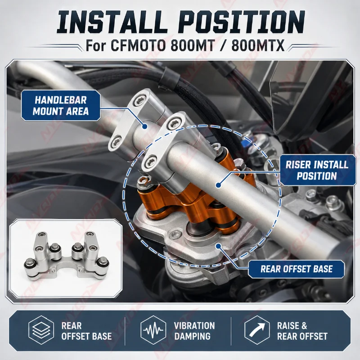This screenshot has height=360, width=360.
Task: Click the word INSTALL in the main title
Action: [112, 22]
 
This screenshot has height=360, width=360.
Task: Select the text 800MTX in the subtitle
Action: [258, 45]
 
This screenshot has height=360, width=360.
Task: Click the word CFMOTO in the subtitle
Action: [138, 45]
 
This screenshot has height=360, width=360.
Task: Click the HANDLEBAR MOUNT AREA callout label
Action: [61, 106]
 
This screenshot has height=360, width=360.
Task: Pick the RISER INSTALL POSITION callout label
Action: [317, 170]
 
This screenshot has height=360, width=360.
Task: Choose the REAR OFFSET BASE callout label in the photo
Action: [297, 269]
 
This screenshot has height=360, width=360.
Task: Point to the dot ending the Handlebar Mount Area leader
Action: [144, 126]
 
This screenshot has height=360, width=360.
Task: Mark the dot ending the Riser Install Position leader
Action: [218, 185]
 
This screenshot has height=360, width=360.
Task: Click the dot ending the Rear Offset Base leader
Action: [218, 246]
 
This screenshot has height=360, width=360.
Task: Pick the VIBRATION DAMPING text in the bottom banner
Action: [194, 331]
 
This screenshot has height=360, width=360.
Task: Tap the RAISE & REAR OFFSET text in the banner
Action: [302, 331]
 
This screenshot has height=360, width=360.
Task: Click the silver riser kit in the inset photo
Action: [67, 255]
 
